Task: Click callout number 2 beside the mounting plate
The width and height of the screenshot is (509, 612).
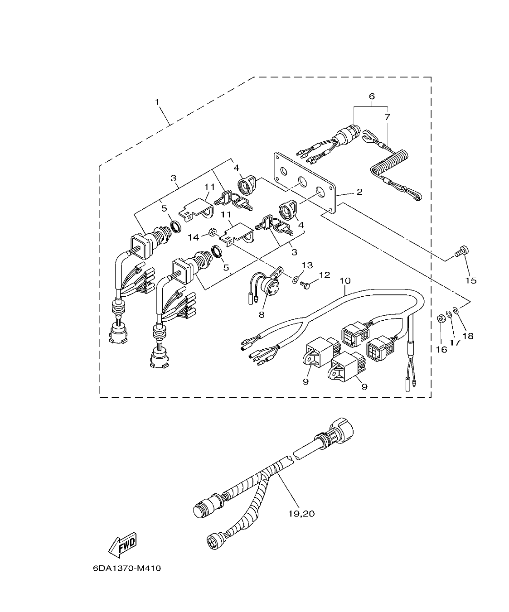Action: [359, 192]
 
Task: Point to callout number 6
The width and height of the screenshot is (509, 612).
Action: [372, 96]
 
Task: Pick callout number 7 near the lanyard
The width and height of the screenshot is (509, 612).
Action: [387, 117]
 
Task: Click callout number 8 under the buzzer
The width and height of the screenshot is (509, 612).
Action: [262, 313]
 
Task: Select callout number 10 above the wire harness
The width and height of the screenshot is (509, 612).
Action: [345, 281]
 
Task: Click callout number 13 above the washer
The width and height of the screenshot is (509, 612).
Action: [307, 265]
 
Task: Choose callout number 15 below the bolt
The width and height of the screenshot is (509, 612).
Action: [471, 280]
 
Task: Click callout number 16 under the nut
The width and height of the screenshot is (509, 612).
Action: [441, 349]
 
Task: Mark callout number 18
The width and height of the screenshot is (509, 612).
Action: [468, 336]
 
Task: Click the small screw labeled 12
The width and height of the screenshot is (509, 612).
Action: [305, 284]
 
